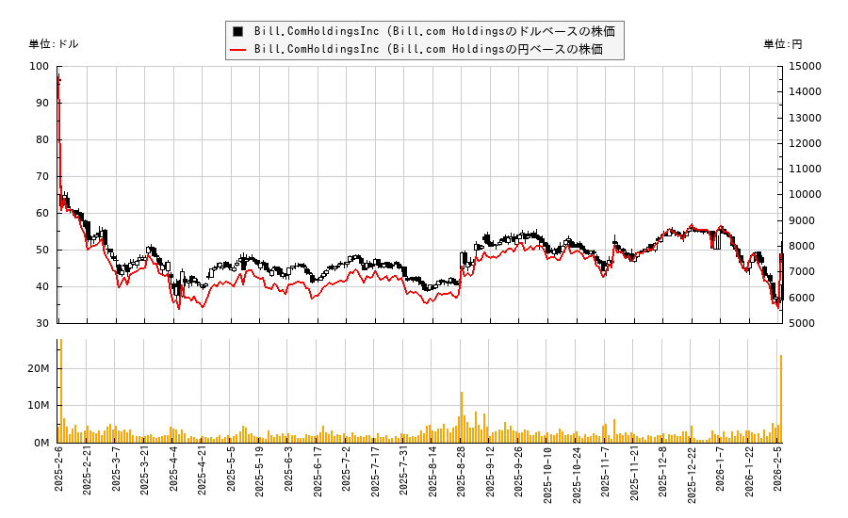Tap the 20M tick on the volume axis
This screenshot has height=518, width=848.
pos(39,368)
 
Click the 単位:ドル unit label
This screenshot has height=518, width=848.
pos(54,44)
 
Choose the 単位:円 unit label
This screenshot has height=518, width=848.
pos(782,44)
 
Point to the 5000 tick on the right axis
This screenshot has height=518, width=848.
pos(802,323)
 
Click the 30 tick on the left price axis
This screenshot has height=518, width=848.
pos(42,323)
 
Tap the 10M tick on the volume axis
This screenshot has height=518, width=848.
pos(39,405)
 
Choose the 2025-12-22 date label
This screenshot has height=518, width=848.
pos(693,480)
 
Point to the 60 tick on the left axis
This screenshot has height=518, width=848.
pos(42,213)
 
